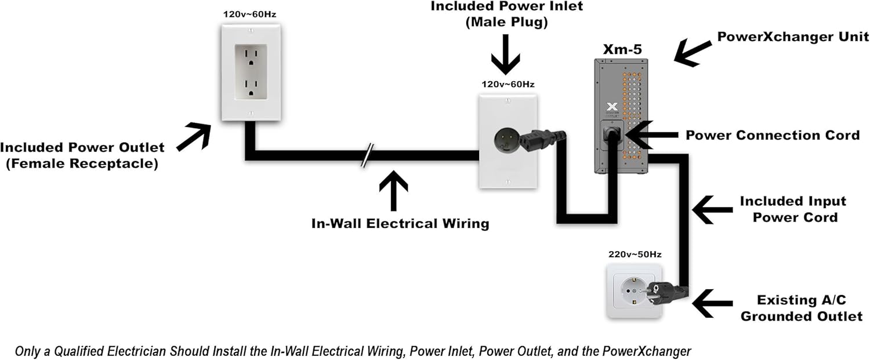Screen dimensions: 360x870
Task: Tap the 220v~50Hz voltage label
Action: point(635,254)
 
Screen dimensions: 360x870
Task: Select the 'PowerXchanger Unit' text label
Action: point(793,37)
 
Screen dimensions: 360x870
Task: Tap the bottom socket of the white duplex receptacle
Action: point(251,88)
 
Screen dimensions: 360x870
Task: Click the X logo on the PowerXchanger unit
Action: point(611,107)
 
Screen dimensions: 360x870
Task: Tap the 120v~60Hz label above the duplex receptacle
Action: point(251,13)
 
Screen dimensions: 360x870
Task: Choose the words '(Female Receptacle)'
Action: point(82,164)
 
